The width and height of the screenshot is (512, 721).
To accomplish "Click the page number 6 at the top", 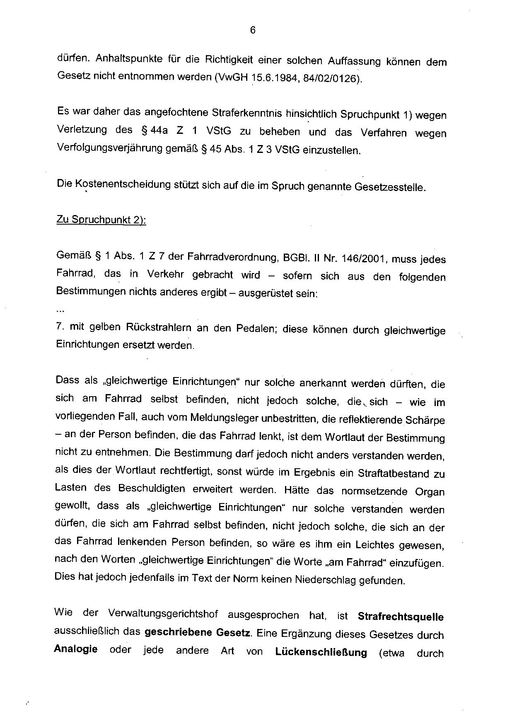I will [x=253, y=30].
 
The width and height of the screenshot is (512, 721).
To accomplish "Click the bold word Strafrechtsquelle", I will [x=400, y=617].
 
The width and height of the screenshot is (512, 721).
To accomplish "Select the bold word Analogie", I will [x=76, y=649].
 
